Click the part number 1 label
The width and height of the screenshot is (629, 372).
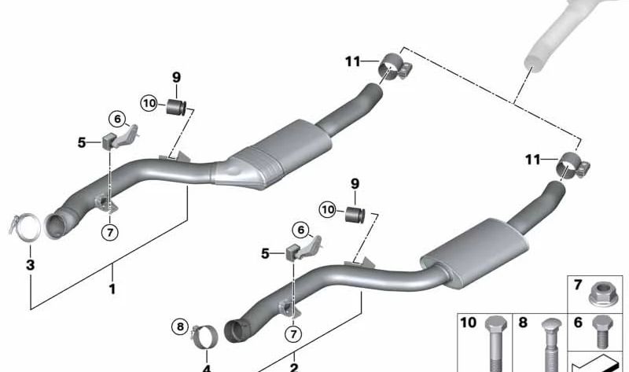(112, 289)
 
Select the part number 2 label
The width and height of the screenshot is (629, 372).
(293, 366)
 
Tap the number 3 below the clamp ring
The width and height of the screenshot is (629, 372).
(31, 265)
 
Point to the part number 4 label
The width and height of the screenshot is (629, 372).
(207, 366)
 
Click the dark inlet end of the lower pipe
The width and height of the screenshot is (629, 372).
(235, 330)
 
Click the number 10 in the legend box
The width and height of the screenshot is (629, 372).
(469, 322)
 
